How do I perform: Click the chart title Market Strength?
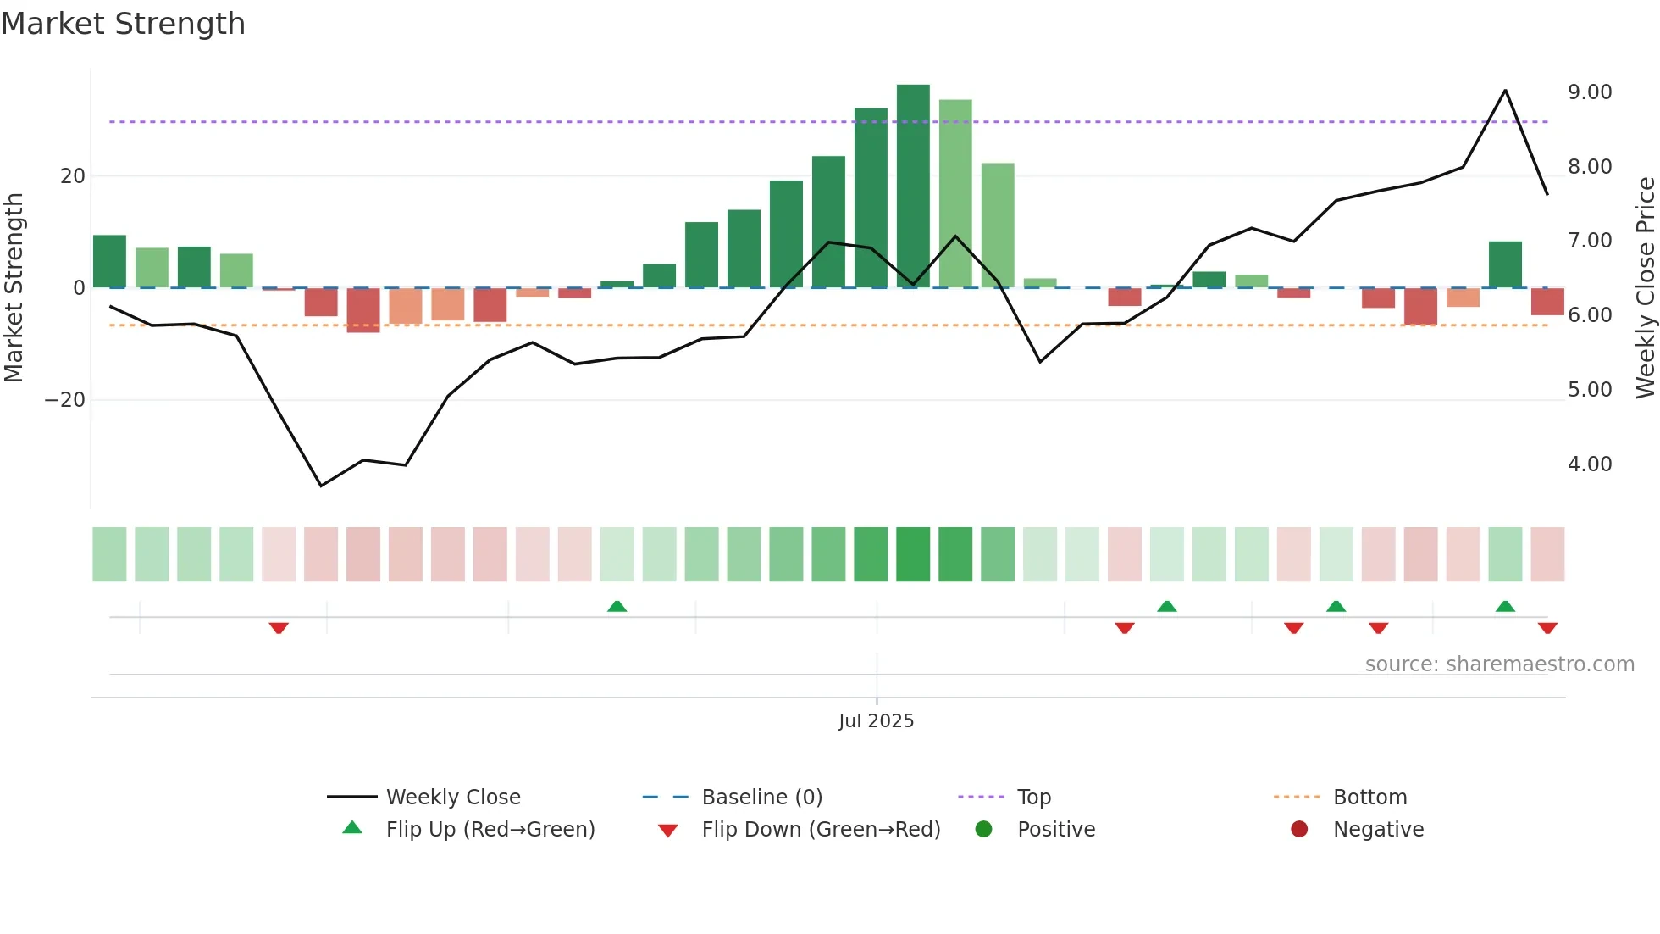click(x=123, y=24)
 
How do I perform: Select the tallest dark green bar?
click(x=913, y=186)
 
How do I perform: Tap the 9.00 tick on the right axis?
click(x=1590, y=92)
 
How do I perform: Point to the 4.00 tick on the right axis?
click(x=1590, y=464)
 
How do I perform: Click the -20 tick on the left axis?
click(x=65, y=400)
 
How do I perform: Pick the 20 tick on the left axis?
click(x=73, y=176)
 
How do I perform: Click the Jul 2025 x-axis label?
click(x=876, y=721)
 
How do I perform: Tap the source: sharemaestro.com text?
click(x=1499, y=664)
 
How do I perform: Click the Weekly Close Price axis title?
click(x=1645, y=288)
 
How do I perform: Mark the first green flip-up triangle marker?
click(x=617, y=606)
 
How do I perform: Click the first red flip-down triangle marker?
click(x=279, y=628)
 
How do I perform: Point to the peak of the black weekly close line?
click(x=1505, y=91)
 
